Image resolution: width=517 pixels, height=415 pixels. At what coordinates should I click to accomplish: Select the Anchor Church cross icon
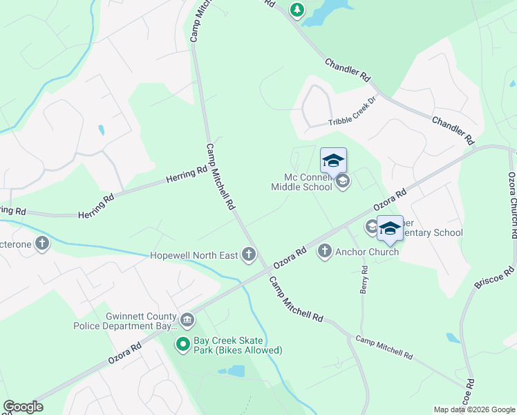coord(325,251)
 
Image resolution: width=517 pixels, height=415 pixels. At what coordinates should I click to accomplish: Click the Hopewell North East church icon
coord(249,255)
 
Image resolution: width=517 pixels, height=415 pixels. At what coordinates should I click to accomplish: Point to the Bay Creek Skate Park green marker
coord(183,344)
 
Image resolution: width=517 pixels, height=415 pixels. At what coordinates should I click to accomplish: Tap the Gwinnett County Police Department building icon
coord(187,320)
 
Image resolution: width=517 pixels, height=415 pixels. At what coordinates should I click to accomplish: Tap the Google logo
coord(23,407)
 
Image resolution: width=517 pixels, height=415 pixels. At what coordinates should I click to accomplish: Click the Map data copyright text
coord(473,409)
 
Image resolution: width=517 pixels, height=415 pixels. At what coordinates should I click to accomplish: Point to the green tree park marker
coord(297,10)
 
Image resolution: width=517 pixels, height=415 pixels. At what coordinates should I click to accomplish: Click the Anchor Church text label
coord(367,252)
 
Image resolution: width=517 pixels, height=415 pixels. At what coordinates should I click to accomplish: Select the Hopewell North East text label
coord(194,255)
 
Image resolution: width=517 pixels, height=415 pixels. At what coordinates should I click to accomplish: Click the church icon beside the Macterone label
coord(42,243)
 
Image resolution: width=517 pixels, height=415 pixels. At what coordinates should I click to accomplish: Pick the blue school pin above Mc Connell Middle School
coord(333,160)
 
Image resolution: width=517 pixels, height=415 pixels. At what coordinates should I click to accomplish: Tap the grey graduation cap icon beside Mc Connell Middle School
coord(342,182)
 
